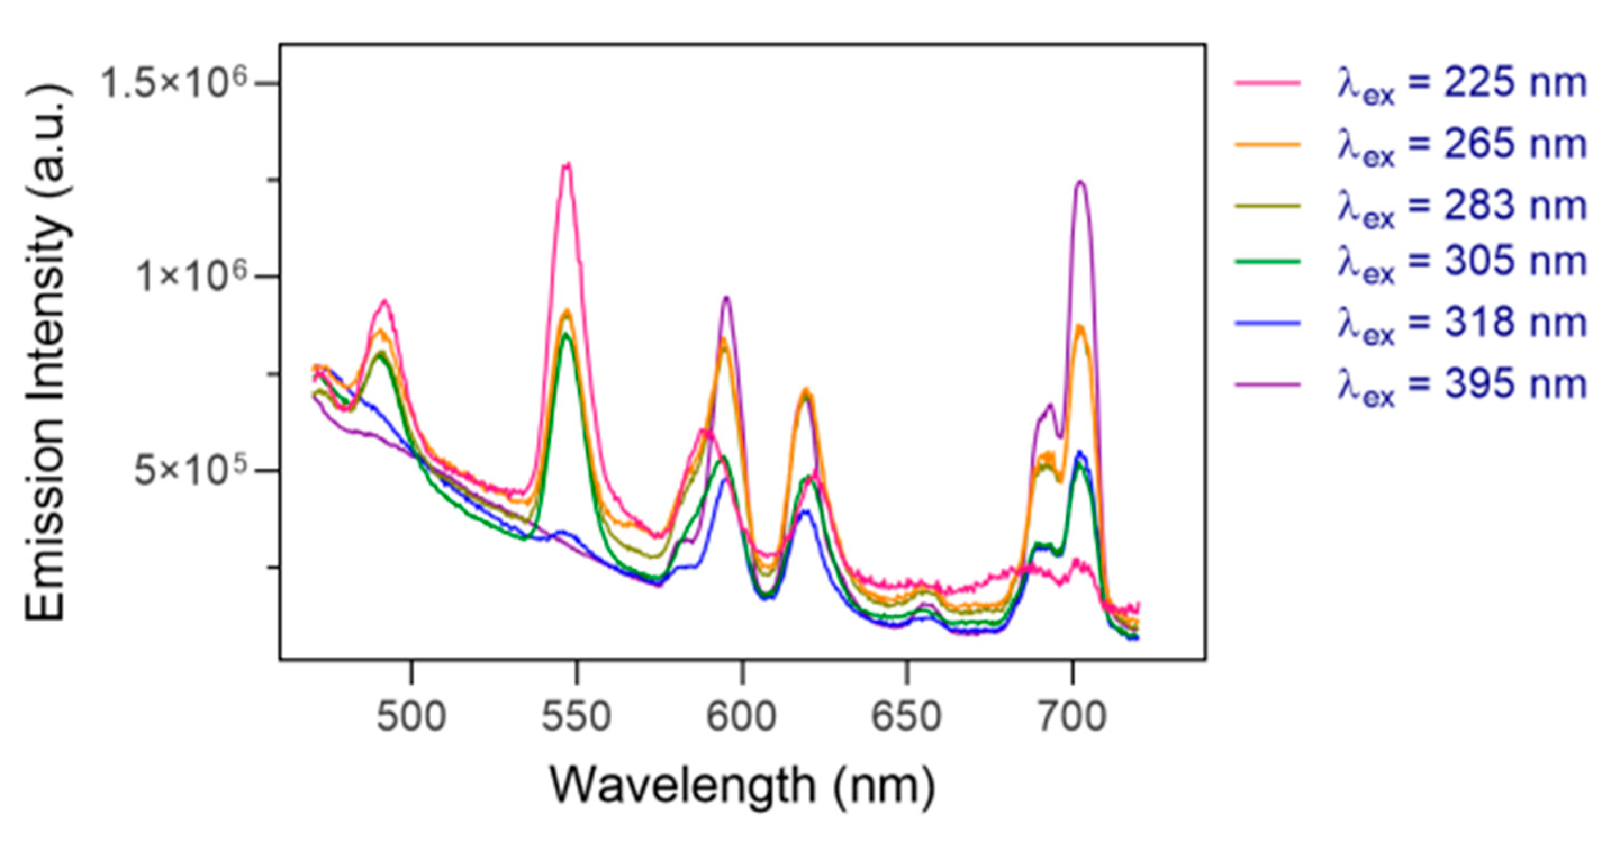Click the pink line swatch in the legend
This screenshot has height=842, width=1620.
1267,83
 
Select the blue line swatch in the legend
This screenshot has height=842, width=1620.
1267,322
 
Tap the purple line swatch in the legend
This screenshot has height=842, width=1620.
1267,383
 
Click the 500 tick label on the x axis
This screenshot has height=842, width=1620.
411,716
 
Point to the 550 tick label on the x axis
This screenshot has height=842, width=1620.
577,716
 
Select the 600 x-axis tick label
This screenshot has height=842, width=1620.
742,716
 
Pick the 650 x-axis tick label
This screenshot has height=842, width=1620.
907,716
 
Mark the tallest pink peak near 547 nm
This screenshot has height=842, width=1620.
568,165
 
